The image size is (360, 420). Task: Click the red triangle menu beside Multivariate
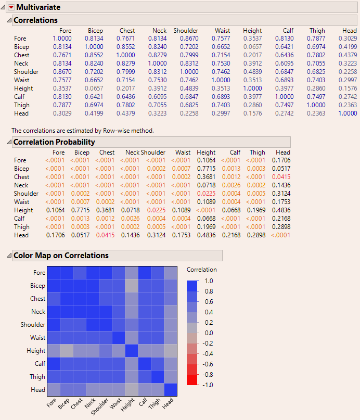pos(11,7)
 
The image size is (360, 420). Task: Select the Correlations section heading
pos(35,20)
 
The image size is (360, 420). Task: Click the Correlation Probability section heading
pos(54,142)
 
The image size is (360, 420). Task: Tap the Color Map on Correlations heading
pos(61,256)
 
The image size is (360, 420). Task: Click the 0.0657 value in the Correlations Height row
pos(94,88)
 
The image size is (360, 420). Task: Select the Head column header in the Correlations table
pos(350,31)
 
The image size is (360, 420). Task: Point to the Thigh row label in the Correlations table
pos(21,105)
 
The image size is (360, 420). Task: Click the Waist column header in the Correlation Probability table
pos(183,152)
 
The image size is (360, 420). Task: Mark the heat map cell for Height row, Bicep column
pos(67,351)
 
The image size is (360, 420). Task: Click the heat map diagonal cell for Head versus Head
pos(171,390)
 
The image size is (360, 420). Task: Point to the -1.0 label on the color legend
pos(208,385)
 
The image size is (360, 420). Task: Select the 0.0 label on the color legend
pos(208,333)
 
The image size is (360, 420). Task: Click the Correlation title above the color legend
pos(202,270)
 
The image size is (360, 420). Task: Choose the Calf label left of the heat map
pos(40,364)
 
